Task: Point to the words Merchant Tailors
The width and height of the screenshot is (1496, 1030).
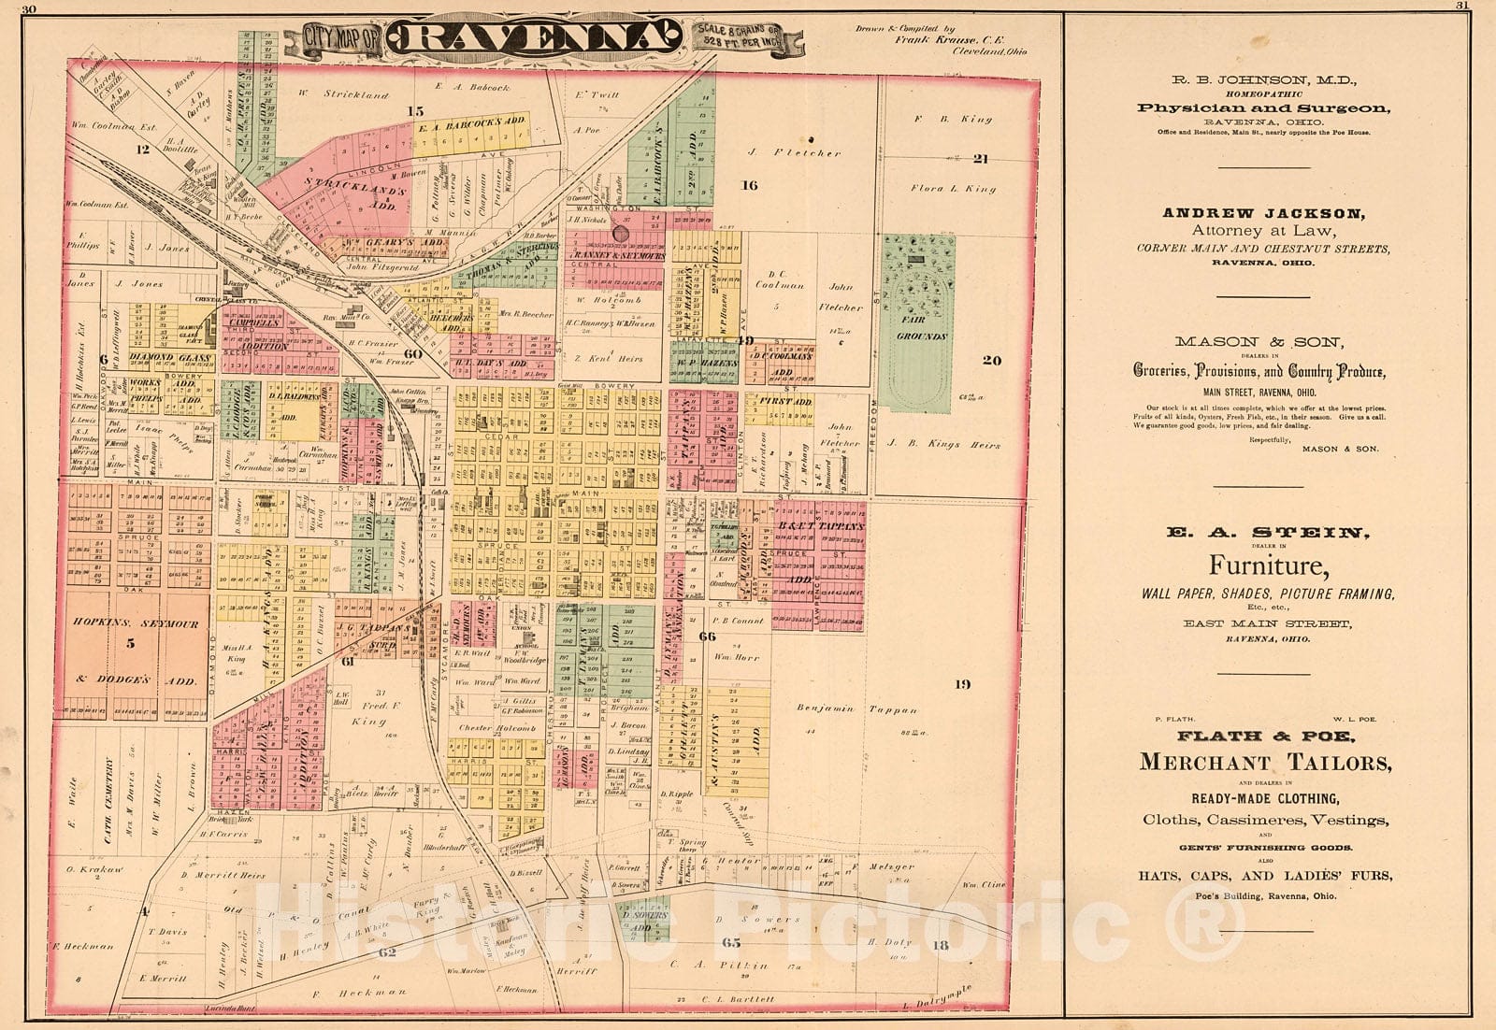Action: (x=1264, y=762)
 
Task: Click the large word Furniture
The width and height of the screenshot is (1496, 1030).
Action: (x=1267, y=566)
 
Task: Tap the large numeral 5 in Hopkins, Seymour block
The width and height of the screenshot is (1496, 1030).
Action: (x=131, y=643)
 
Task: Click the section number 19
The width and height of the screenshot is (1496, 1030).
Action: (x=962, y=685)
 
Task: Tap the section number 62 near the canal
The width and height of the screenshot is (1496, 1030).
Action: (x=388, y=952)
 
